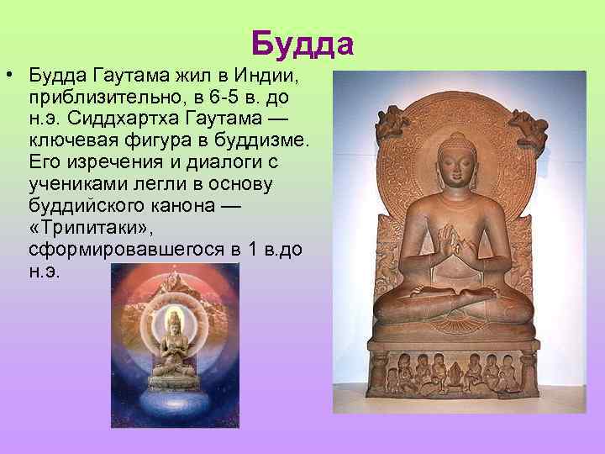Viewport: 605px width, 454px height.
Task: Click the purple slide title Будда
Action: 302,44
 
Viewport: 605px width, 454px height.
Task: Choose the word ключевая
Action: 69,140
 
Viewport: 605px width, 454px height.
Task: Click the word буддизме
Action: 248,140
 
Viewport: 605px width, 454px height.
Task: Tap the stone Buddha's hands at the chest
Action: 454,245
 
